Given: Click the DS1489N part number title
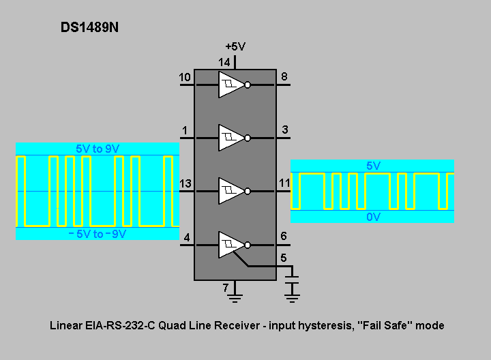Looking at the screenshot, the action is click(89, 27).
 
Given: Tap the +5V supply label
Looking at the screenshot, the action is click(235, 46).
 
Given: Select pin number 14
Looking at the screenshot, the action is click(224, 62).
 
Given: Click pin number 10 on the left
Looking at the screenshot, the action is click(185, 77).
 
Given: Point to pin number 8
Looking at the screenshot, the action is click(284, 76).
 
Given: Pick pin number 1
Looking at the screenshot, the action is click(185, 130).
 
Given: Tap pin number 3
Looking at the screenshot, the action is click(284, 130).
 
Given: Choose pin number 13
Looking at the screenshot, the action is click(185, 183).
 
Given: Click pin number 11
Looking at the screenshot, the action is click(284, 183).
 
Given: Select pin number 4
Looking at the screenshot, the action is click(187, 237).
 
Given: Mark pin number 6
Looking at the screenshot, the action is click(284, 236).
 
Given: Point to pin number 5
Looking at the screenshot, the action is click(284, 258).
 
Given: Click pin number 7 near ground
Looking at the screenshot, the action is click(226, 287).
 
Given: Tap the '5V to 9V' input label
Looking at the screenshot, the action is click(98, 149).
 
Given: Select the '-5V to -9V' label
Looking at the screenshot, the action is click(97, 234).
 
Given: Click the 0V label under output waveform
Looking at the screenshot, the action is click(373, 217).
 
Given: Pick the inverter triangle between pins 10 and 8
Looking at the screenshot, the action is click(231, 85).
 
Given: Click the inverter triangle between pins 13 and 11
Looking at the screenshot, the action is click(231, 191).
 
